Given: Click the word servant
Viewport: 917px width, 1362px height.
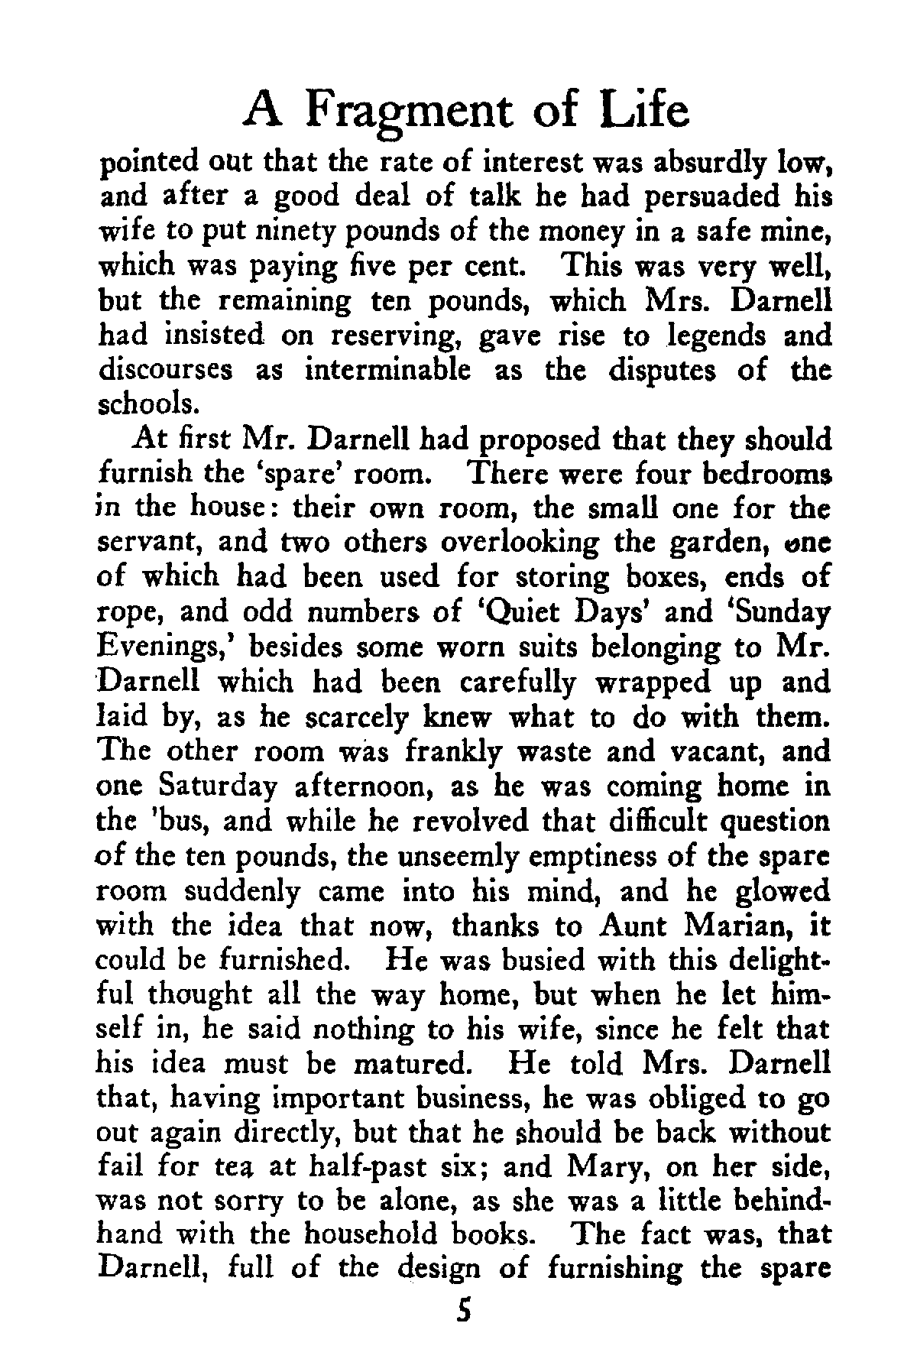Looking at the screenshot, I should (x=150, y=542).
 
